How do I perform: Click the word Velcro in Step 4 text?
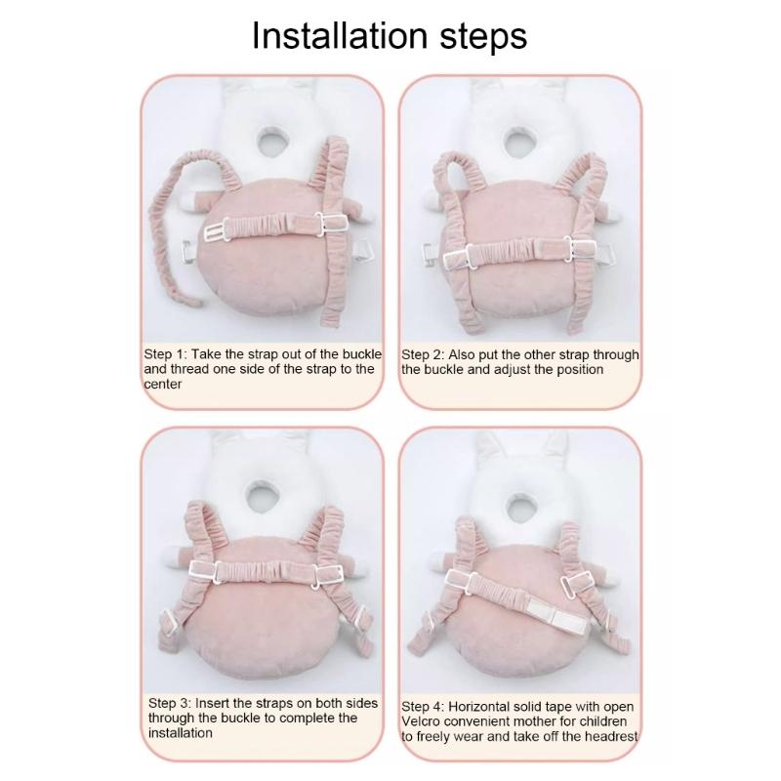[x=424, y=721]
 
